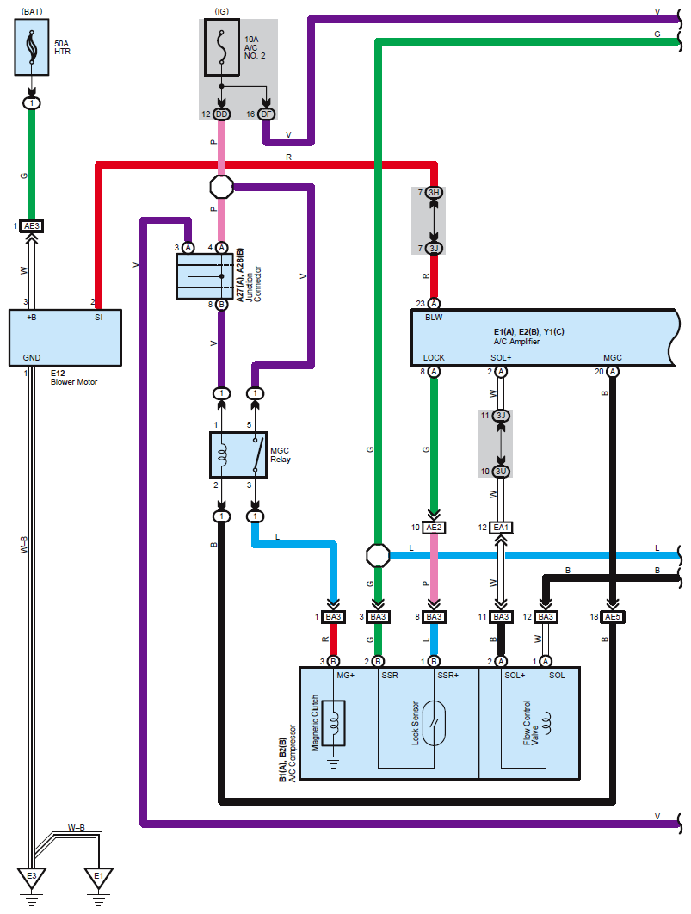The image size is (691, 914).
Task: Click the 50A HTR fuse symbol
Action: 32,50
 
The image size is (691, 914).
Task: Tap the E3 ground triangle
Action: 32,878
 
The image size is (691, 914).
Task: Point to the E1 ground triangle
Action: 98,878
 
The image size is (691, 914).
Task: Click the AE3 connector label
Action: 32,225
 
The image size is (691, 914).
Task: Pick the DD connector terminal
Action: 222,114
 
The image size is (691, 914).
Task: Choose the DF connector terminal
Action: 266,114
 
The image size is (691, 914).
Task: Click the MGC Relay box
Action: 238,454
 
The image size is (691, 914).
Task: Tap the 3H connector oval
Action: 434,193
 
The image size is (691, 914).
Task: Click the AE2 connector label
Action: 434,528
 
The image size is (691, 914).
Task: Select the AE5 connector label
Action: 612,617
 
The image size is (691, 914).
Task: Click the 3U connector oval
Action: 502,471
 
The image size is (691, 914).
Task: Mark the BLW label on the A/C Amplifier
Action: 433,318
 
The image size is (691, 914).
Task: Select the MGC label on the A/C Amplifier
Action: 612,357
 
